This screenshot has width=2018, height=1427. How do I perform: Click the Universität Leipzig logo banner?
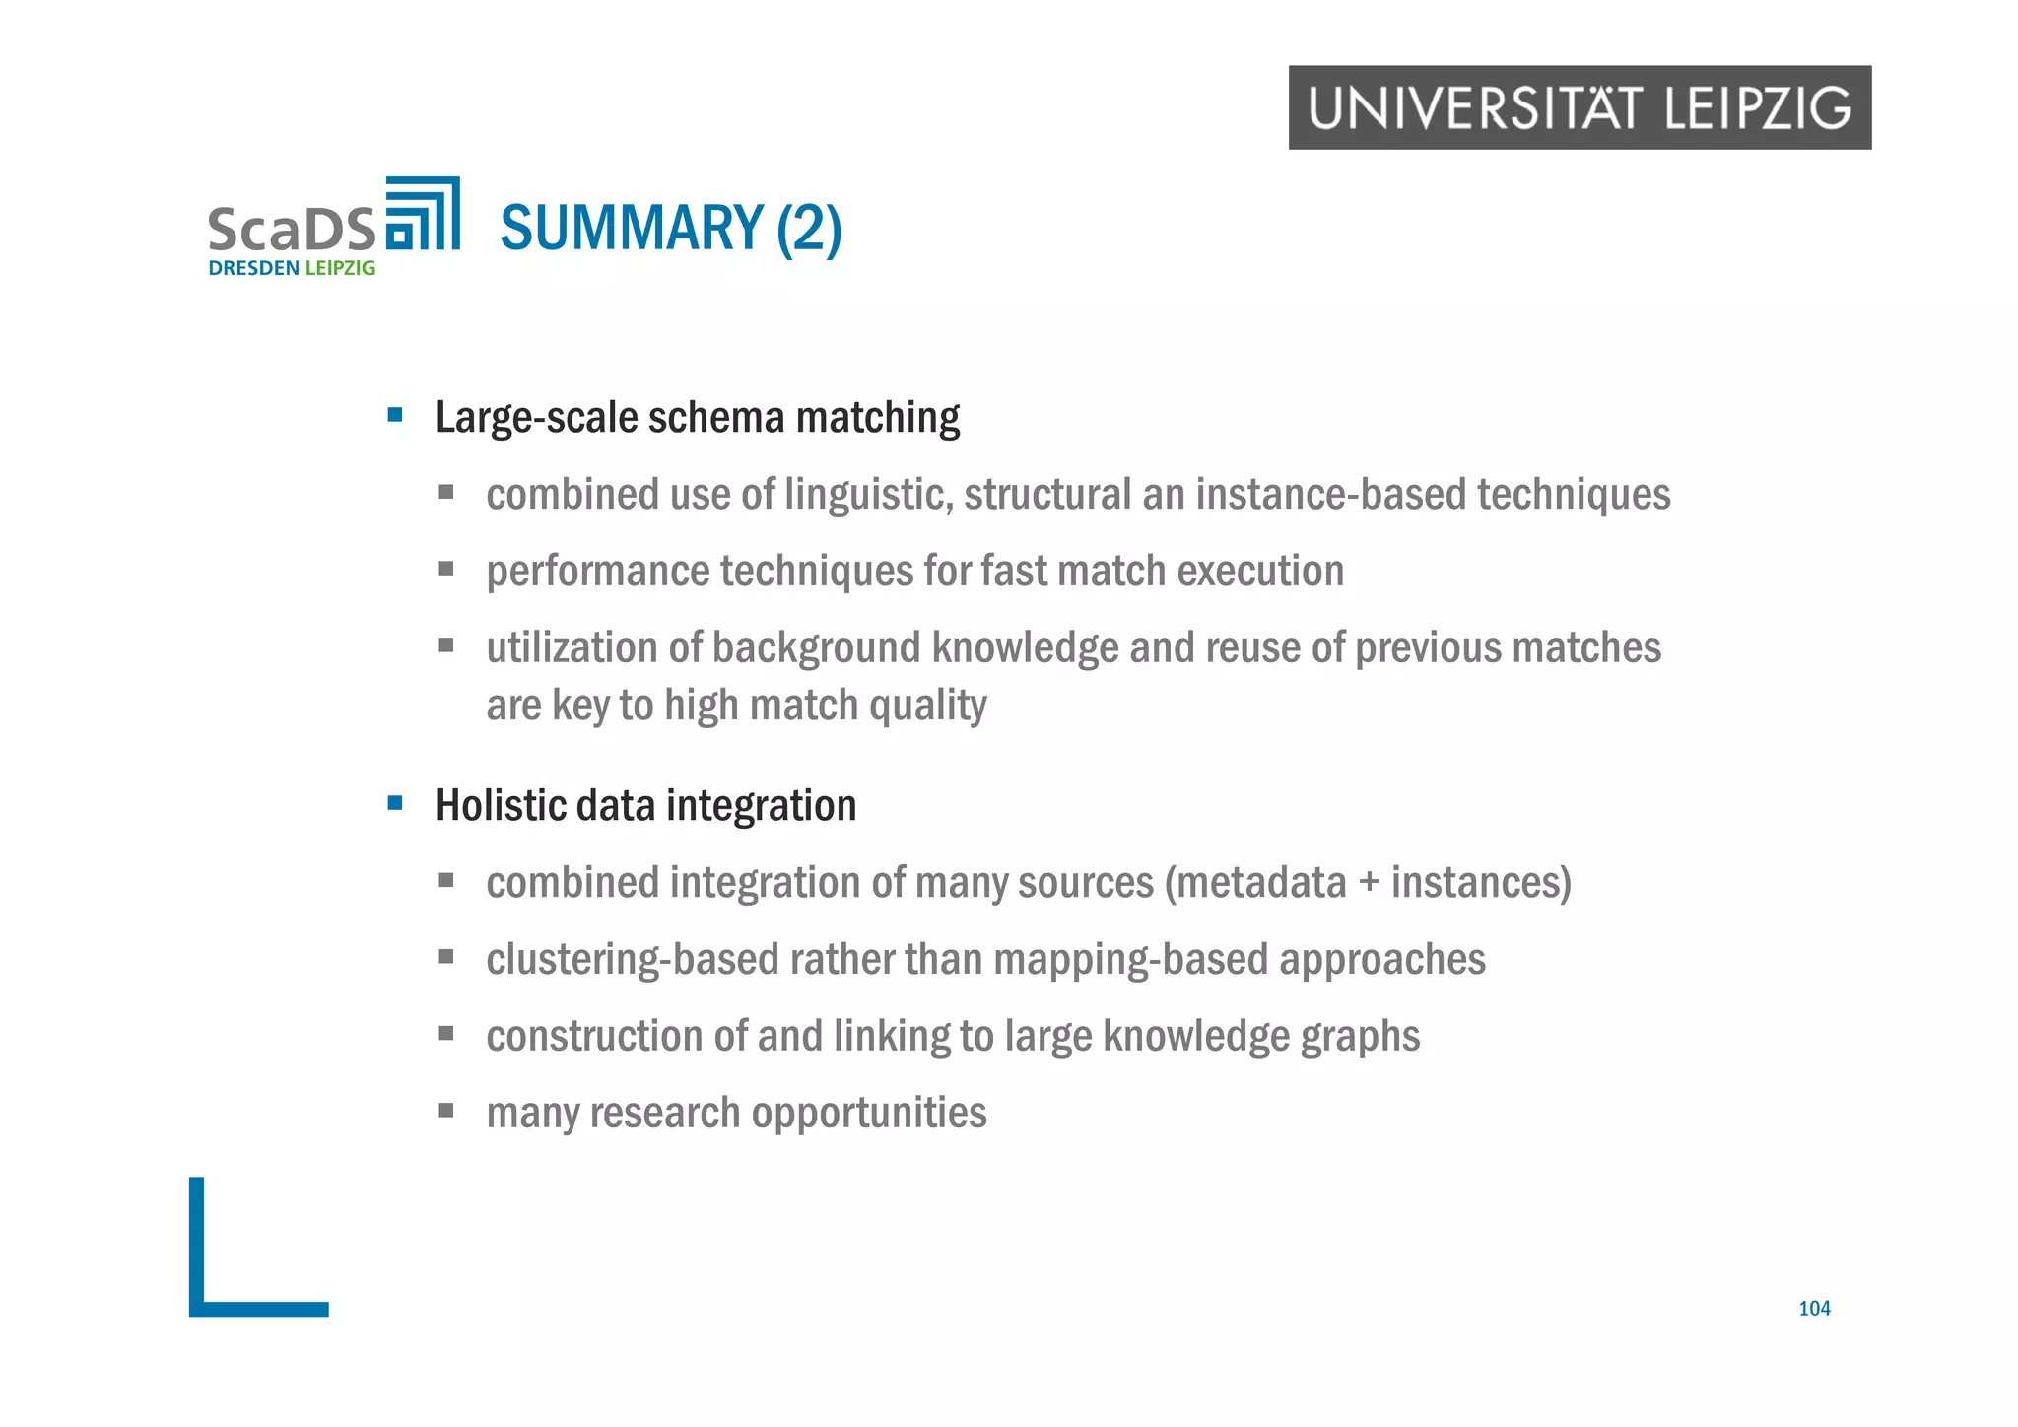pos(1580,107)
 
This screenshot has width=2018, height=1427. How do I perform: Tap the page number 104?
pos(1814,1308)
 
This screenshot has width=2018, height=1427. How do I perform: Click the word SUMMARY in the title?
pos(632,228)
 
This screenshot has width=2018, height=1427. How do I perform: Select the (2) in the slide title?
pos(809,230)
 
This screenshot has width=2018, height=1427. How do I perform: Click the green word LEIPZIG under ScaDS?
pos(340,268)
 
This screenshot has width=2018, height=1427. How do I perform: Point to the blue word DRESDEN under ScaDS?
pos(254,268)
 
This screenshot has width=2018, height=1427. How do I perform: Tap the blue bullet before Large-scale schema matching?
pos(395,415)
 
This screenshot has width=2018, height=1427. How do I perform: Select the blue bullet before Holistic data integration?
pos(395,803)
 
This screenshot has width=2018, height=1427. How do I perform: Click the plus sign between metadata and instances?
pos(1369,883)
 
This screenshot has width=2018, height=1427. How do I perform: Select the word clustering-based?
pos(627,960)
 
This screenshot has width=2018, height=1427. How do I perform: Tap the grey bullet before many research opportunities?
pos(446,1111)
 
